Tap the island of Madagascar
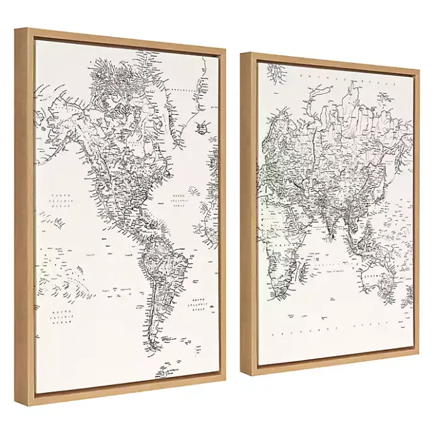(x=303, y=272)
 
